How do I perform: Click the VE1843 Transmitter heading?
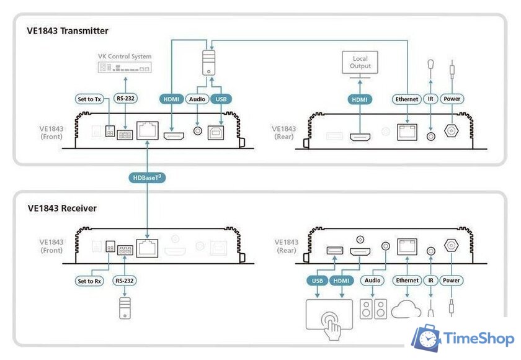pos(68,30)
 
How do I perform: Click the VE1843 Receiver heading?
pos(62,208)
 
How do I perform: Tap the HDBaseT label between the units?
pos(147,178)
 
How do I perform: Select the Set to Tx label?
pos(89,99)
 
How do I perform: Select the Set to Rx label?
pos(89,281)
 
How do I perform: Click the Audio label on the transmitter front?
pos(198,99)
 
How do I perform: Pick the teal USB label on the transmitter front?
pos(221,99)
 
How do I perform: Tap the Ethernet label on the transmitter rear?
pos(407,99)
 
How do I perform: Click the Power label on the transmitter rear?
pos(452,99)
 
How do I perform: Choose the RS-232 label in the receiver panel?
pos(125,281)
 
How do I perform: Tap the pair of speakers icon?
pos(373,309)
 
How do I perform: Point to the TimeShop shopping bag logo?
pos(428,339)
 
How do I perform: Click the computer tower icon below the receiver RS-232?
pos(125,308)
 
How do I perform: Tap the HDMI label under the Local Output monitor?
pos(360,99)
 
